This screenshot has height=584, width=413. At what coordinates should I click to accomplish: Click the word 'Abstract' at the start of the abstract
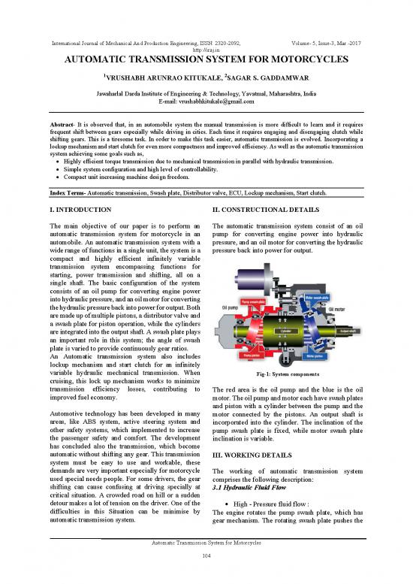pyautogui.click(x=65, y=126)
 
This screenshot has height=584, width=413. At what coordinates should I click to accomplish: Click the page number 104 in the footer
pyautogui.click(x=206, y=575)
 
